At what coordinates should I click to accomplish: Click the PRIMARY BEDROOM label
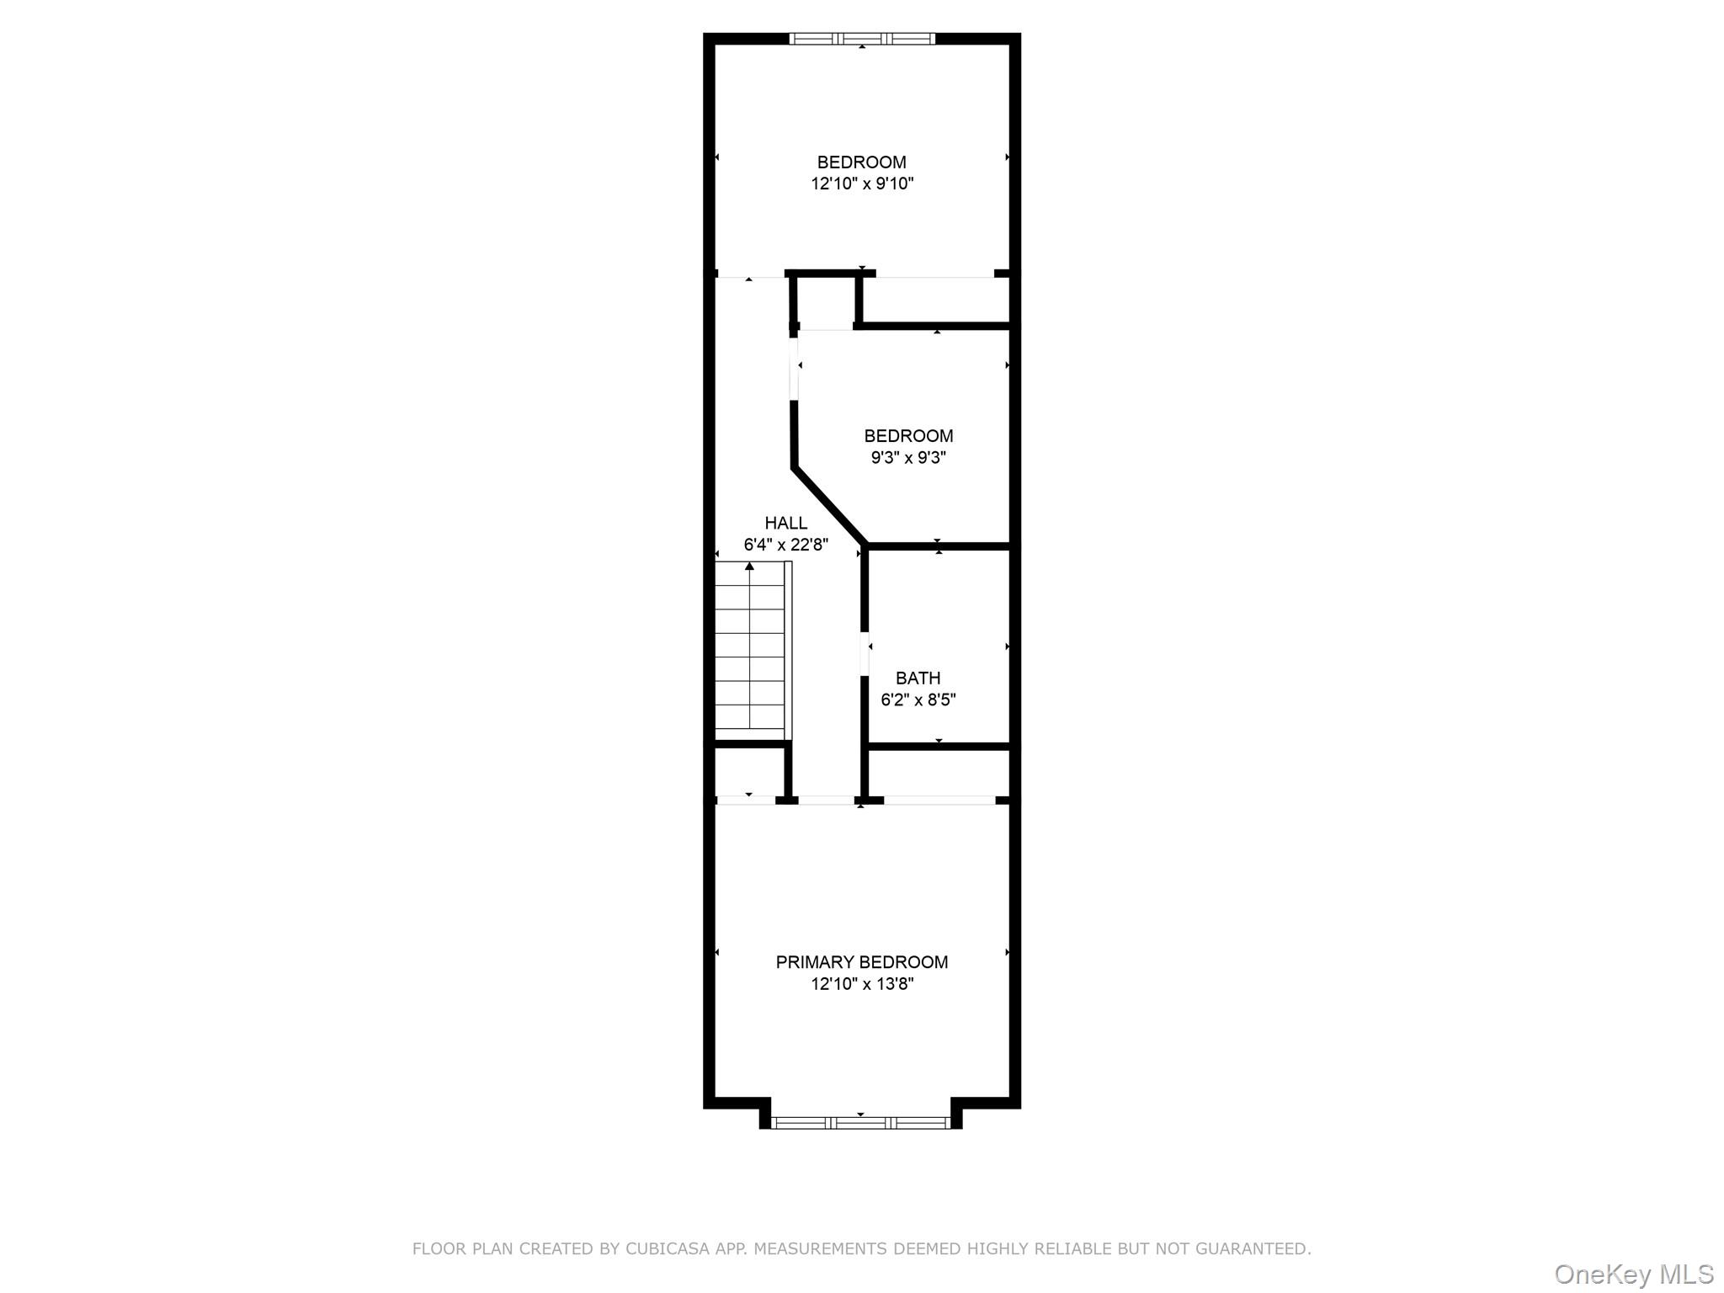click(861, 961)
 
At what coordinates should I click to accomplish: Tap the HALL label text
click(785, 523)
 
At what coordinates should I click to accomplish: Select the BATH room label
click(918, 678)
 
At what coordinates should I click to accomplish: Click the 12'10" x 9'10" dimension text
click(862, 184)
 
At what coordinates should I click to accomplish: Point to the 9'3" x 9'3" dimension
click(908, 458)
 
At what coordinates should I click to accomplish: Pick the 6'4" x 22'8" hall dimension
click(785, 545)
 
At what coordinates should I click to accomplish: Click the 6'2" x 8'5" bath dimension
click(918, 700)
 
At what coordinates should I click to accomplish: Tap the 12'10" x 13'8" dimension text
click(862, 983)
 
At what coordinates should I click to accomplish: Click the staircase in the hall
click(750, 648)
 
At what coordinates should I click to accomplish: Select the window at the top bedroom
click(862, 38)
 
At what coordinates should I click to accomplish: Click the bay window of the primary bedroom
click(860, 1122)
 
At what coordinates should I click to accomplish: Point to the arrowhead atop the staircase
click(749, 567)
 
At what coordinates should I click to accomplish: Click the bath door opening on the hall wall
click(865, 653)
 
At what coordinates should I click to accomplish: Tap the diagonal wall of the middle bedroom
click(829, 506)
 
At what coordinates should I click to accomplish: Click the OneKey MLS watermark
click(1633, 1274)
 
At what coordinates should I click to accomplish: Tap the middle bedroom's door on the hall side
click(793, 368)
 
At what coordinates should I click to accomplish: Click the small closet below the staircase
click(749, 770)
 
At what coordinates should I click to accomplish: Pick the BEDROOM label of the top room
click(861, 162)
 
